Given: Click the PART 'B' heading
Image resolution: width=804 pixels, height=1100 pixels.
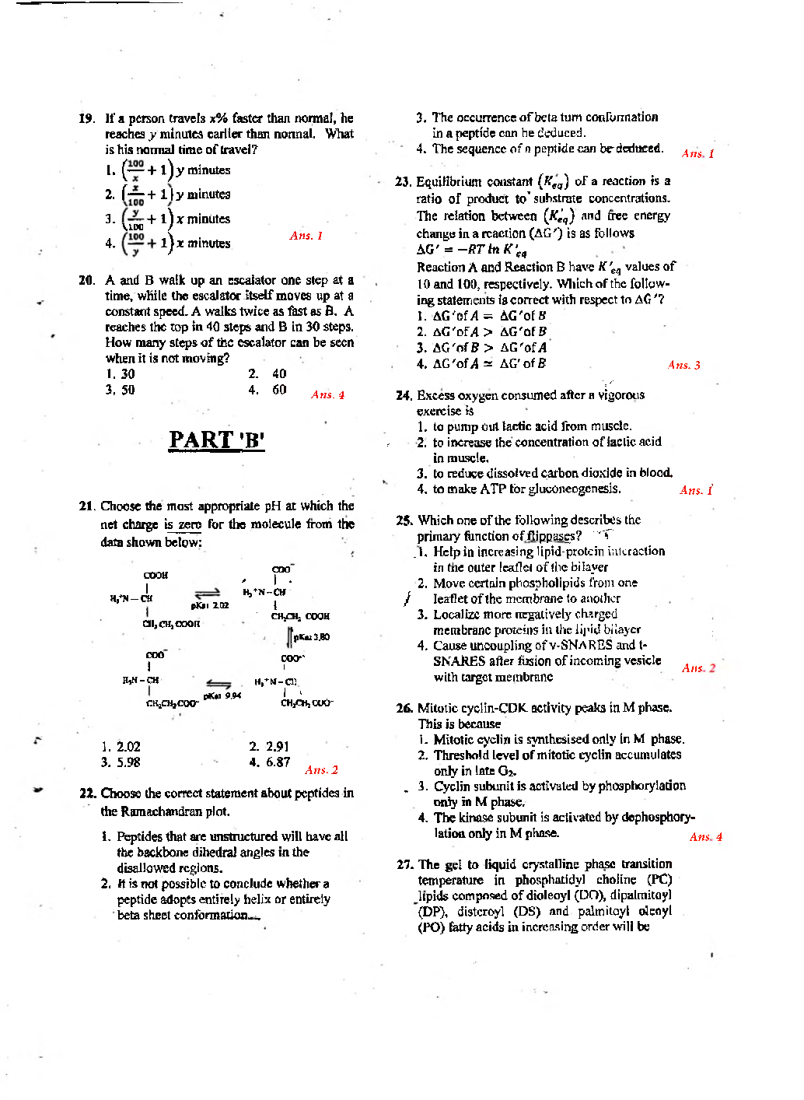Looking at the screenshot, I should click(x=217, y=440).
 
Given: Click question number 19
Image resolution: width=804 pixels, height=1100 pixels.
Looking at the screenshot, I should click(x=86, y=118).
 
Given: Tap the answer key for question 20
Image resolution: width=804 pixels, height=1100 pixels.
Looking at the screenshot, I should click(x=327, y=395).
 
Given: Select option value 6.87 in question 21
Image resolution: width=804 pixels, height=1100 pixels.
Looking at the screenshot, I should click(x=278, y=762).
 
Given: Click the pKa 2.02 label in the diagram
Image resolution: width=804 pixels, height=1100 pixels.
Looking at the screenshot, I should click(x=210, y=605).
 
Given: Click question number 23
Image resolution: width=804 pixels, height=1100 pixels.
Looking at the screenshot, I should click(x=403, y=181).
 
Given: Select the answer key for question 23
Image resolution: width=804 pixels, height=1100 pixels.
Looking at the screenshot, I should click(x=683, y=365).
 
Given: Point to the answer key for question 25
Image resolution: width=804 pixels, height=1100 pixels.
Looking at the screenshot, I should click(x=698, y=668).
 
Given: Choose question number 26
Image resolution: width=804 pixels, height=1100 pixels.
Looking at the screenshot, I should click(x=404, y=708).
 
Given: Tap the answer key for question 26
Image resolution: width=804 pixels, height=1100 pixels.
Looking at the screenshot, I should click(x=705, y=837).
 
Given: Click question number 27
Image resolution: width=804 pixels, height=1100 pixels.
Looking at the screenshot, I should click(x=404, y=864).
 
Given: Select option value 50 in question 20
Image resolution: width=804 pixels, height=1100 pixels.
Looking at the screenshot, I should click(x=128, y=390).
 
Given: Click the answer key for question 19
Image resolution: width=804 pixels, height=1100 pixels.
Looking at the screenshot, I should click(x=306, y=236).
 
